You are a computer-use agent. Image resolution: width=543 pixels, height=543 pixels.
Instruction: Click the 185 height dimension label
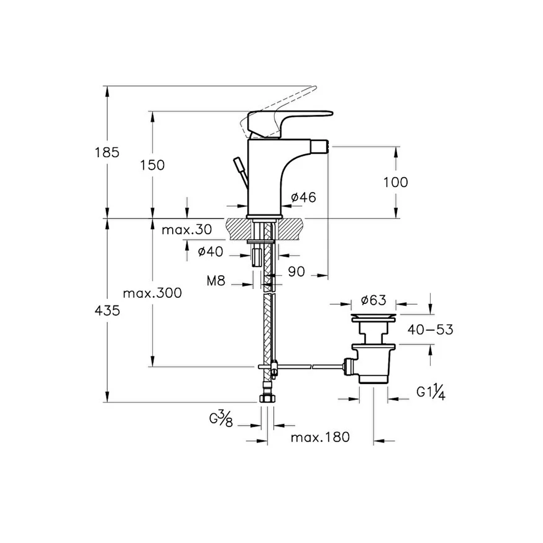click(107, 152)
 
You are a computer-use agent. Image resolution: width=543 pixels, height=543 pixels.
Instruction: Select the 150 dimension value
click(152, 165)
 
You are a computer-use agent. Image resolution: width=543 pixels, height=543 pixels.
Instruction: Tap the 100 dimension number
click(395, 182)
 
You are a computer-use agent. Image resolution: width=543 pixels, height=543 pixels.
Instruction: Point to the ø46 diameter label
click(304, 197)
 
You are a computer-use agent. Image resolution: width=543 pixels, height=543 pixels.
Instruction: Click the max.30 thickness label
click(186, 230)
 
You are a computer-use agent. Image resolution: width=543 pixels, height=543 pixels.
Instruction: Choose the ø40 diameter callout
click(211, 251)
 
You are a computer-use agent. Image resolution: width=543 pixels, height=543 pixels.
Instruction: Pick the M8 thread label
click(216, 281)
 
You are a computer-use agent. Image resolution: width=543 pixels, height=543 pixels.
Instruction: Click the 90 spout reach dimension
click(296, 272)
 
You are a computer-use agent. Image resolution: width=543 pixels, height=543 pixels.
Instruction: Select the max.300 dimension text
click(152, 293)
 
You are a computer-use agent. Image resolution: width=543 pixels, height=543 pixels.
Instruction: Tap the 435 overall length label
click(108, 310)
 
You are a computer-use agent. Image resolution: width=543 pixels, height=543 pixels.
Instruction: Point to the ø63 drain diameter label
click(374, 300)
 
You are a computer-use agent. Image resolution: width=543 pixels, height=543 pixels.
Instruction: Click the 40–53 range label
click(430, 330)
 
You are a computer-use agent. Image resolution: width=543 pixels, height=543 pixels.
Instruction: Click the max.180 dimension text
click(320, 437)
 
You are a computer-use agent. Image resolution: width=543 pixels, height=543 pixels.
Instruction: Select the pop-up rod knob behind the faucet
click(239, 164)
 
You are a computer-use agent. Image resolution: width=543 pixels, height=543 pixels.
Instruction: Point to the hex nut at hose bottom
click(267, 399)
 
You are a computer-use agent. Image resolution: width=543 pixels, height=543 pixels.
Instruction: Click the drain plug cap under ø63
click(374, 318)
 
